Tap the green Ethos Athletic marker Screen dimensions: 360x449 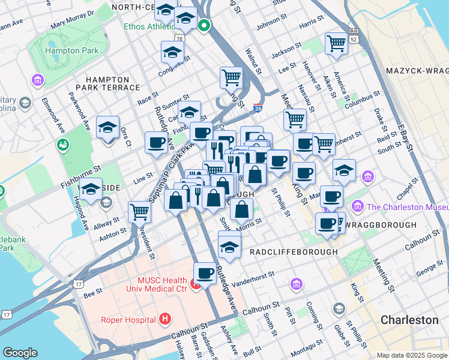click(203, 26)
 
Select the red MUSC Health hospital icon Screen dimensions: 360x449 click(196, 282)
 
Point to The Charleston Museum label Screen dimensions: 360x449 click(407, 207)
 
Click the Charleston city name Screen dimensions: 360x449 click(409, 320)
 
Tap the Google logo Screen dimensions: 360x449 click(20, 353)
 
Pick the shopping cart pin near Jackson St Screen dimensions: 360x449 click(336, 43)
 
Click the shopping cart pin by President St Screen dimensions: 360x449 click(139, 211)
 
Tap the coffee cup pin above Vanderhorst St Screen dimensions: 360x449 click(205, 274)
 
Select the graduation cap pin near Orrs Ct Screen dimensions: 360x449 click(107, 128)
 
